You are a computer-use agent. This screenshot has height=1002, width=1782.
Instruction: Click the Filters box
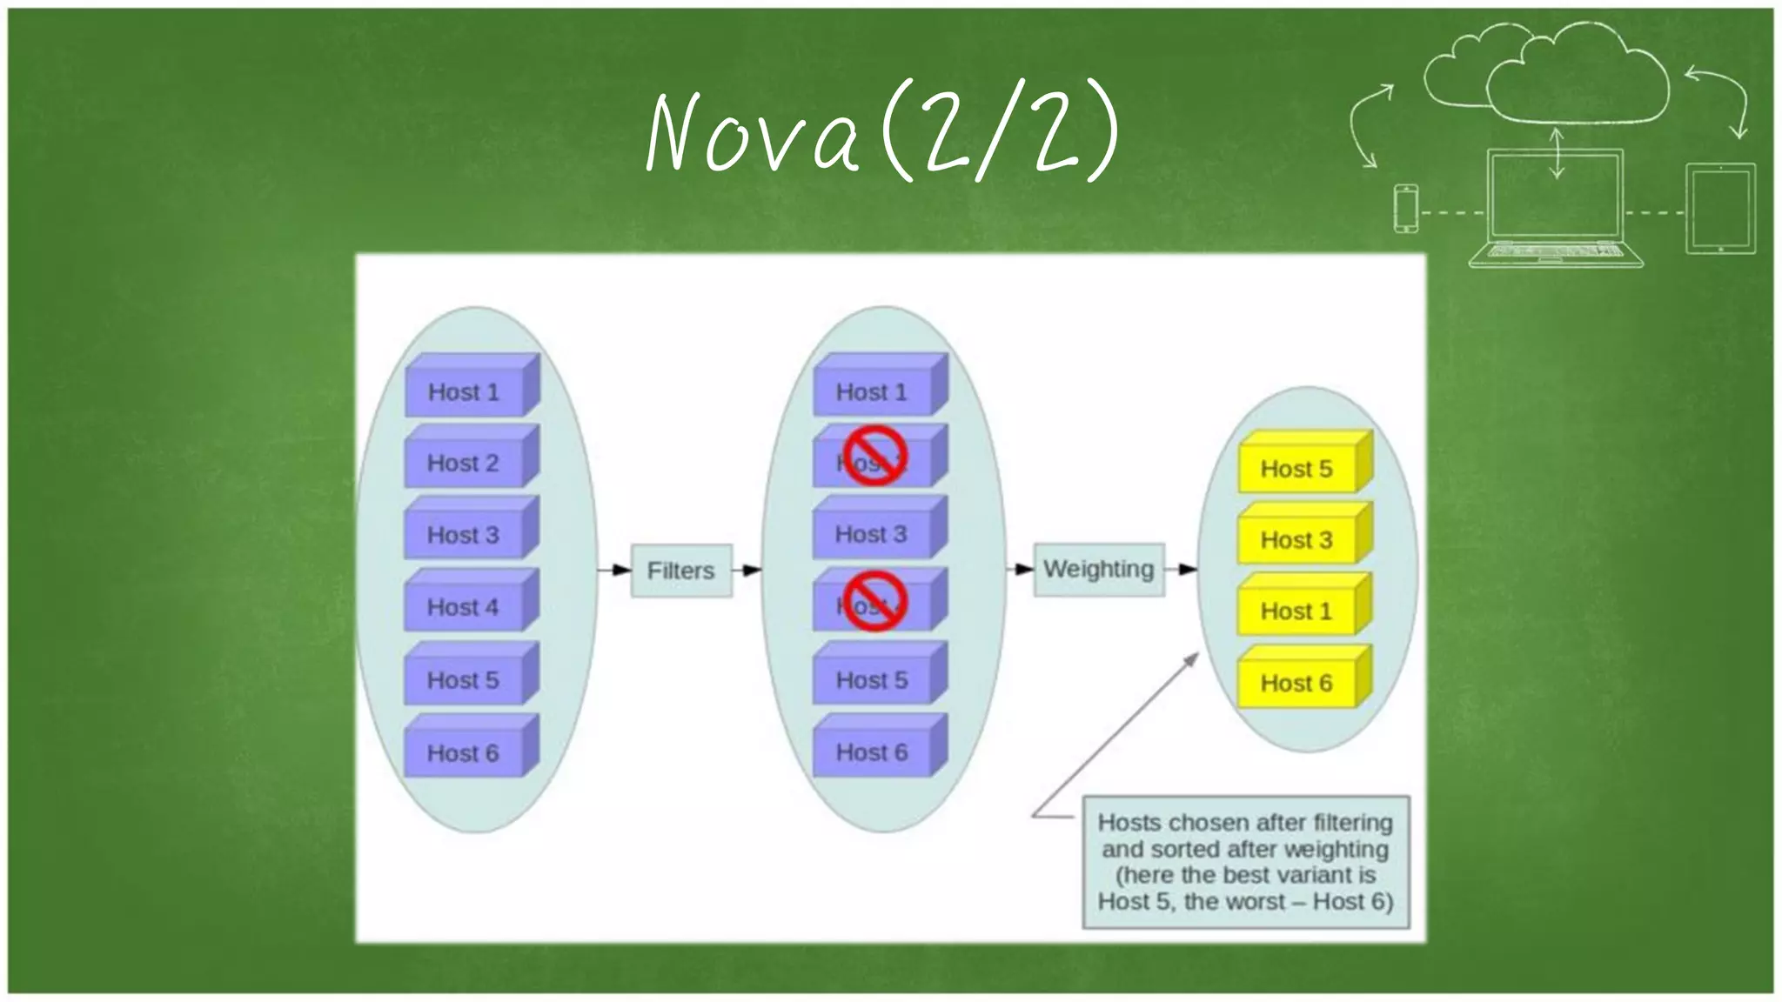[680, 571]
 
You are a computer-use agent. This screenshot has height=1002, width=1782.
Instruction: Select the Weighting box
[1098, 569]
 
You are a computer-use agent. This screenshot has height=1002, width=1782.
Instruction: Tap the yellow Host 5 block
[1296, 468]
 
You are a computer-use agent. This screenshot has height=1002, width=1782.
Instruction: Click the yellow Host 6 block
[1296, 682]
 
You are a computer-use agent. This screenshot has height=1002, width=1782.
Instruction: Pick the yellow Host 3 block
[1296, 539]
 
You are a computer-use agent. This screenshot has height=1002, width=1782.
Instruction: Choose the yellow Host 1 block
[1296, 611]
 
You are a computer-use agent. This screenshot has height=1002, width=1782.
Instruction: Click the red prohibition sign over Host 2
[874, 455]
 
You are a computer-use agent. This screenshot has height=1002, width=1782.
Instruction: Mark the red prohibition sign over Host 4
[874, 601]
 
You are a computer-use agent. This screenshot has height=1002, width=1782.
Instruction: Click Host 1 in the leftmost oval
[464, 391]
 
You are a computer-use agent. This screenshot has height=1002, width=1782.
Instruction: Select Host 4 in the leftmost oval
[464, 606]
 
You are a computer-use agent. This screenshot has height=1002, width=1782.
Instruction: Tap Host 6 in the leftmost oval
[464, 751]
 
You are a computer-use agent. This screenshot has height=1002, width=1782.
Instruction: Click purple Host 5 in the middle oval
[872, 679]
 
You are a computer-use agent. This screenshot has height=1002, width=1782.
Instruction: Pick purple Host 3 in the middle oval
[872, 533]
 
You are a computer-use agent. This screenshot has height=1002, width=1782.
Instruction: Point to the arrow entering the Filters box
[614, 571]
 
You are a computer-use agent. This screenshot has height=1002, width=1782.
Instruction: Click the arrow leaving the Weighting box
[1181, 570]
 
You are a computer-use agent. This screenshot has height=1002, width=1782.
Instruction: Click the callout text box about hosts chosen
[1245, 861]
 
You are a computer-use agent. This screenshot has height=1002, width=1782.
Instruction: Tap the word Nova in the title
[754, 133]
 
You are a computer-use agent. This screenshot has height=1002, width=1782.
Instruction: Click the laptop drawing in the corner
[1555, 209]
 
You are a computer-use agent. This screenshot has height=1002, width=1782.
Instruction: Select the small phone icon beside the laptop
[1405, 209]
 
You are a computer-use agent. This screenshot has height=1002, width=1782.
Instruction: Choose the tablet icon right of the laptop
[1719, 209]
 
